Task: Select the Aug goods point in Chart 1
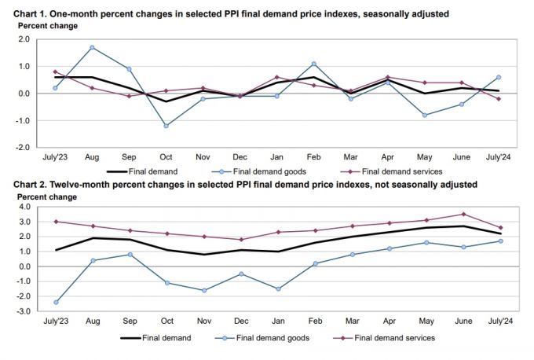(x=93, y=48)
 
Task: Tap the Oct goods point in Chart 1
(x=166, y=126)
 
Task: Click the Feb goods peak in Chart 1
(x=313, y=64)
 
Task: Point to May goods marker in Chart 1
(x=424, y=115)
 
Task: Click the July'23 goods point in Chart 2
(x=56, y=302)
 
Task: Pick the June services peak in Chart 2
(x=464, y=214)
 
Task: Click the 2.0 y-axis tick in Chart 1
(x=24, y=40)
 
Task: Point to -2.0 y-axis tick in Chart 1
(x=24, y=147)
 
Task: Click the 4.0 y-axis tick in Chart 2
(x=24, y=207)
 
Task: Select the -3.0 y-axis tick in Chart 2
(x=24, y=311)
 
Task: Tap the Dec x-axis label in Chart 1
(x=240, y=157)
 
